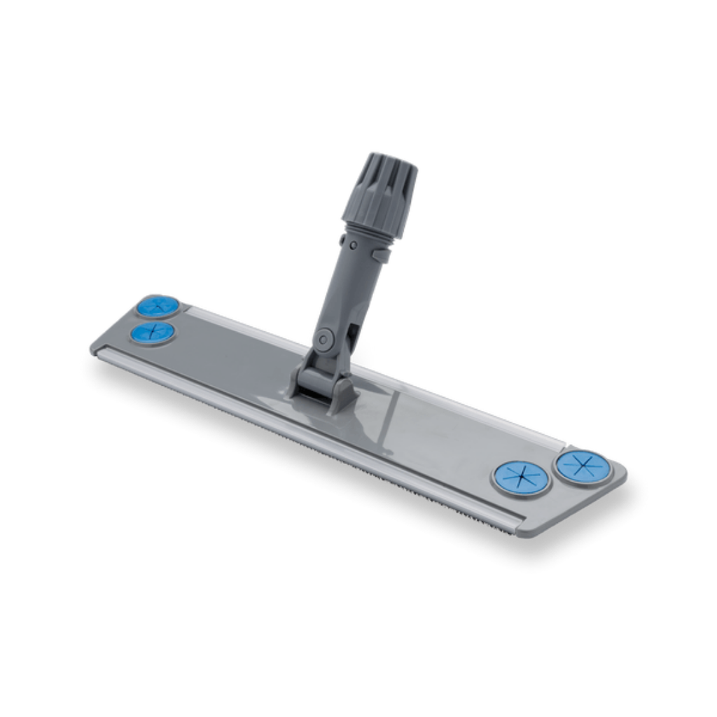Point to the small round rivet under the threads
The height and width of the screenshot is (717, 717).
(354, 244)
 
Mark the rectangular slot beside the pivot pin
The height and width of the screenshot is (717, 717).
(350, 329)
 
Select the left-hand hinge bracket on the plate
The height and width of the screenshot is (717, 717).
(298, 378)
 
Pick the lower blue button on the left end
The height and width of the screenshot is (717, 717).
(152, 333)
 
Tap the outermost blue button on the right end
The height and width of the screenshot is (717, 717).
(583, 466)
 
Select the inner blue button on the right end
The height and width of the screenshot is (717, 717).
(521, 478)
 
